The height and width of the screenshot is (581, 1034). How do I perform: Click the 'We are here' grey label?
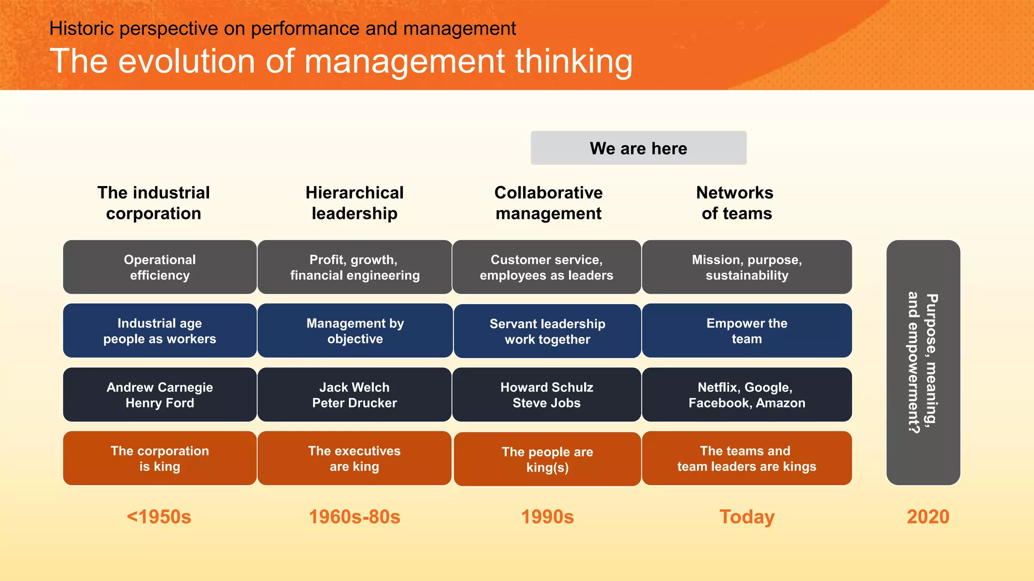click(x=638, y=148)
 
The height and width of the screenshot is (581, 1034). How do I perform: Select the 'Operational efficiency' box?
click(x=160, y=267)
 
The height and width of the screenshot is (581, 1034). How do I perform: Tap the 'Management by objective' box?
click(x=355, y=331)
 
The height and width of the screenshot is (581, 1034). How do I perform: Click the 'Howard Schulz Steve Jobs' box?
click(x=547, y=395)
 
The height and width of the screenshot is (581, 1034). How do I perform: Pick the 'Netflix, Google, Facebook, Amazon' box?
click(x=747, y=395)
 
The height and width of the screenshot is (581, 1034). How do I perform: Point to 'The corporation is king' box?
click(x=160, y=458)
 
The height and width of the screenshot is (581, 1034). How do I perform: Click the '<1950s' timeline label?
click(x=159, y=517)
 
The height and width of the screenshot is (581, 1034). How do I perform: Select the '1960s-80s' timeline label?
click(x=354, y=517)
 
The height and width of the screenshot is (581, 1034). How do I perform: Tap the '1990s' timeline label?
click(x=547, y=517)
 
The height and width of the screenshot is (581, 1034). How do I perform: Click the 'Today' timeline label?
click(x=747, y=517)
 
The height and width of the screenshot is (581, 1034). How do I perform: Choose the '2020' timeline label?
click(x=928, y=517)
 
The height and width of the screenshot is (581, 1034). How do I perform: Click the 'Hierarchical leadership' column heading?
click(x=354, y=203)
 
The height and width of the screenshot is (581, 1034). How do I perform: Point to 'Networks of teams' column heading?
click(x=736, y=203)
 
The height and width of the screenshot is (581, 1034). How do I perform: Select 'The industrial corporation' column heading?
click(x=153, y=203)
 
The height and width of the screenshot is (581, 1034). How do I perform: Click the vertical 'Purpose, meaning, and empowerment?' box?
click(x=923, y=363)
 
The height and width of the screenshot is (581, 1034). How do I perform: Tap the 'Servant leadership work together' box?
click(x=547, y=331)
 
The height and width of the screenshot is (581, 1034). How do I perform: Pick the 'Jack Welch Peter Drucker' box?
click(x=354, y=395)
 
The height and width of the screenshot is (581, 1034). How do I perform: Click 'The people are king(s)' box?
click(x=547, y=459)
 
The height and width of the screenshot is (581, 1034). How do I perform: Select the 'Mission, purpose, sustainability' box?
click(x=747, y=267)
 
